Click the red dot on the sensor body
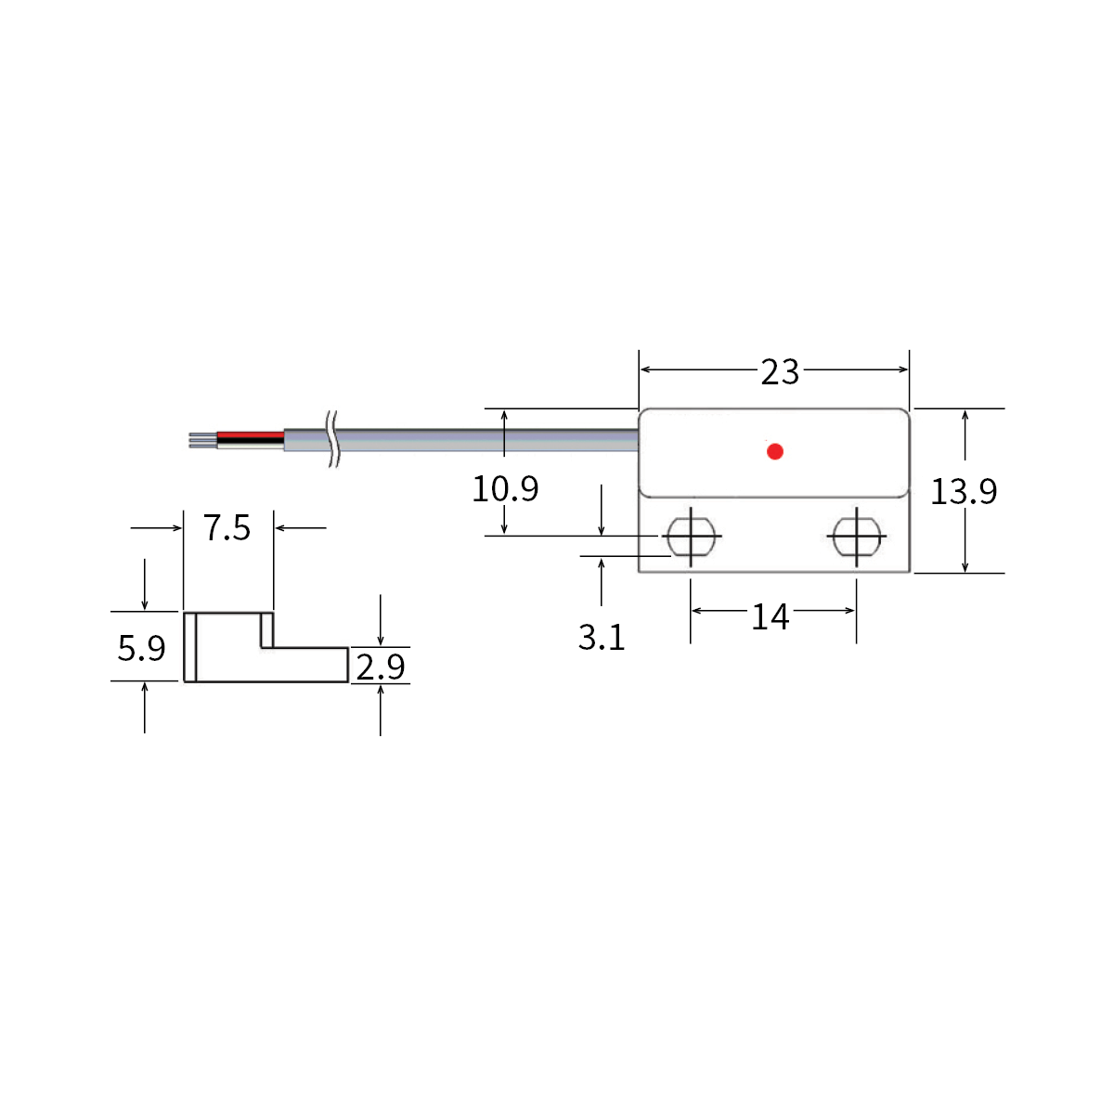[x=775, y=452]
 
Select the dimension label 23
[x=780, y=372]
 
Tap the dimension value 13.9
[x=964, y=491]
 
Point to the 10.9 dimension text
[x=505, y=488]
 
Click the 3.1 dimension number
[x=602, y=638]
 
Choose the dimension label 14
[x=770, y=616]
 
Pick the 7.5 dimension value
[x=227, y=528]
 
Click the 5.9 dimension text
[x=141, y=648]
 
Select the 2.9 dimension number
[x=381, y=667]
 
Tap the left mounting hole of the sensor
[x=691, y=537]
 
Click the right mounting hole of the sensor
[x=856, y=537]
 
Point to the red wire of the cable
[x=251, y=434]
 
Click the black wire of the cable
[x=251, y=441]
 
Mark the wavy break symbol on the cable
[x=332, y=439]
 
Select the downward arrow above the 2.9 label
[x=381, y=622]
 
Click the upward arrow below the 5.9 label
[x=145, y=706]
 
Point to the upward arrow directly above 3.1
[x=602, y=580]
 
